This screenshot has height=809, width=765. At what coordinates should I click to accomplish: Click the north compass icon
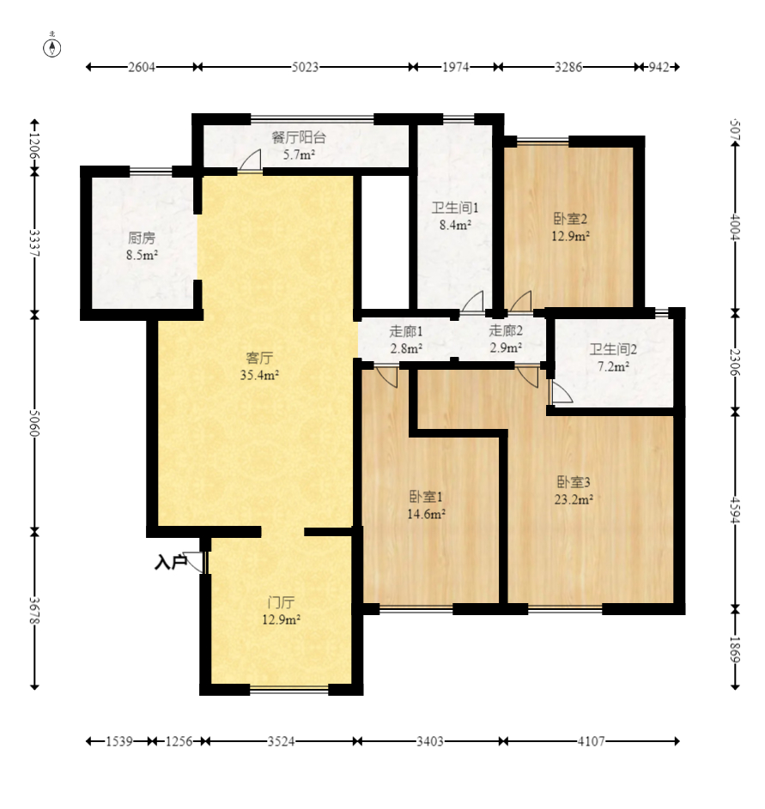[52, 46]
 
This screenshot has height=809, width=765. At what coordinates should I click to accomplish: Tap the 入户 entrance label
[170, 562]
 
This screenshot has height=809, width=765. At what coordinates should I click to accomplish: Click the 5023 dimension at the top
[305, 67]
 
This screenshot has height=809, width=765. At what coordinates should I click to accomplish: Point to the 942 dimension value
[659, 67]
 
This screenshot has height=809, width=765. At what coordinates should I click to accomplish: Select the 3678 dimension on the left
[34, 611]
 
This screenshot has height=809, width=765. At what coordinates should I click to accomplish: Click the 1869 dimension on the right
[735, 650]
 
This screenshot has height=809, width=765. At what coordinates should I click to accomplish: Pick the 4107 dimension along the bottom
[591, 741]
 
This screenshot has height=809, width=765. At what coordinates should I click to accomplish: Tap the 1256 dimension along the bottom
[179, 741]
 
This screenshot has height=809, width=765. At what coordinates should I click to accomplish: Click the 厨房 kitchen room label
[142, 238]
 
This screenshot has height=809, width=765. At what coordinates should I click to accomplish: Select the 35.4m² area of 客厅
[259, 375]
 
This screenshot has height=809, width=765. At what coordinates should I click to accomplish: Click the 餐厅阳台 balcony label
[299, 137]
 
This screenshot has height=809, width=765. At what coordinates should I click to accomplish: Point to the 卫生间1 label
[455, 208]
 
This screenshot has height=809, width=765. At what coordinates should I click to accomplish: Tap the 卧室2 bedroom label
[570, 219]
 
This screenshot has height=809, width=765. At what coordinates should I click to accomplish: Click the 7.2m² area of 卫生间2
[613, 366]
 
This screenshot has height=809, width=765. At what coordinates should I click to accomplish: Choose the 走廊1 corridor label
[406, 331]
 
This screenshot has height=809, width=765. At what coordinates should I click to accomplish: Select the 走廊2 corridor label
[506, 330]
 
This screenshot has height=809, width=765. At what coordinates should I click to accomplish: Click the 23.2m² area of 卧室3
[574, 499]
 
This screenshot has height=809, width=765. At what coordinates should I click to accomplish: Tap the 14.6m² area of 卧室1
[427, 514]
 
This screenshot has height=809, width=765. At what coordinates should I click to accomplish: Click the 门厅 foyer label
[282, 602]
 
